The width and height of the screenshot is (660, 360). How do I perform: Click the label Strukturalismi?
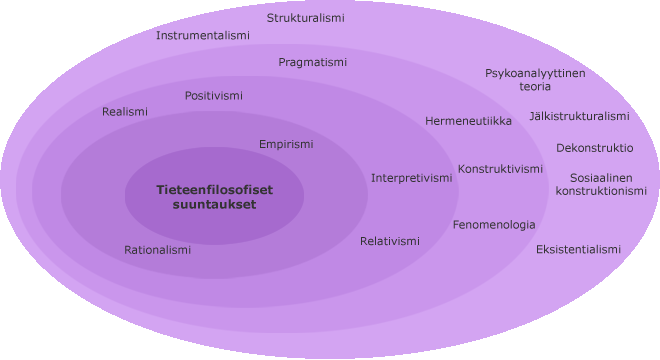306,18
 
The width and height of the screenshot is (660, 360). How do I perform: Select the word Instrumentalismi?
203,35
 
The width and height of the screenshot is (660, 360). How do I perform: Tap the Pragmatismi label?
312,63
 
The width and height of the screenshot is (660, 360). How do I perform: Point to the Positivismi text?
214,96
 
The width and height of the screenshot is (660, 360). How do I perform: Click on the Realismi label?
125,112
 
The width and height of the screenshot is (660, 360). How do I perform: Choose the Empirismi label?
286,145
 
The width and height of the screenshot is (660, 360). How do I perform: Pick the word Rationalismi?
157,250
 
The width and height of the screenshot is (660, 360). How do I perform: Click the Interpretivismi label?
412,179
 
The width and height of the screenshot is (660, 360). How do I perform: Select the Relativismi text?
390,241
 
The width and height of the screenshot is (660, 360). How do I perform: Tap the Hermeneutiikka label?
468,121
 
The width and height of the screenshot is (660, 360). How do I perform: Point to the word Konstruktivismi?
500,169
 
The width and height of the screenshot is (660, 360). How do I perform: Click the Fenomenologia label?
494,225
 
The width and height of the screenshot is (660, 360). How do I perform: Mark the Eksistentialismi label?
578,250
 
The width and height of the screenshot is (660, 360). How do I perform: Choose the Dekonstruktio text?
595,148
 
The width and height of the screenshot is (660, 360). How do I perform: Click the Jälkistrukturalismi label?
580,116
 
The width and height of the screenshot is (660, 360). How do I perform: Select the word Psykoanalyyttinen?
535,74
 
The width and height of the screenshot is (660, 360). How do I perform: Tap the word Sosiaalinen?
601,178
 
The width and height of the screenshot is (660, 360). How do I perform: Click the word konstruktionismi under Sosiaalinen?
601,191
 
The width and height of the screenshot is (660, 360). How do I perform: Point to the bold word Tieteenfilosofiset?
215,190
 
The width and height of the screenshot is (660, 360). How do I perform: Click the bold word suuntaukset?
214,205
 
